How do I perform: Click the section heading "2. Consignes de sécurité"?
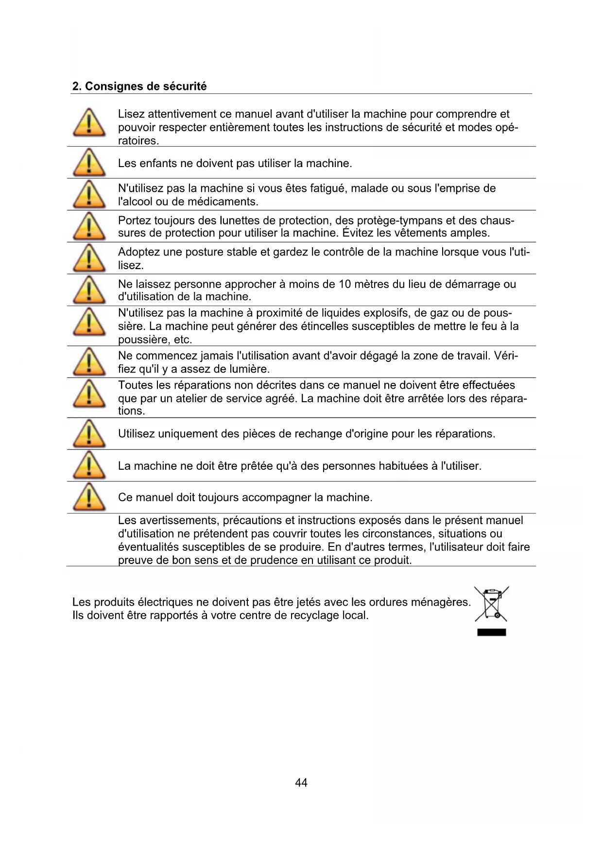[139, 86]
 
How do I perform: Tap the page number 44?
[301, 783]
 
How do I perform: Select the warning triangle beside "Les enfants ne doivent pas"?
[89, 163]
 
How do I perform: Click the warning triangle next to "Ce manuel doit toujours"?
[89, 497]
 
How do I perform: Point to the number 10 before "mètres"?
[345, 284]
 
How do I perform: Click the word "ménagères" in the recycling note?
[441, 602]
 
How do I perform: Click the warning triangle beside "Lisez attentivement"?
[89, 122]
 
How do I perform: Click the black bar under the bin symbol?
[491, 632]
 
